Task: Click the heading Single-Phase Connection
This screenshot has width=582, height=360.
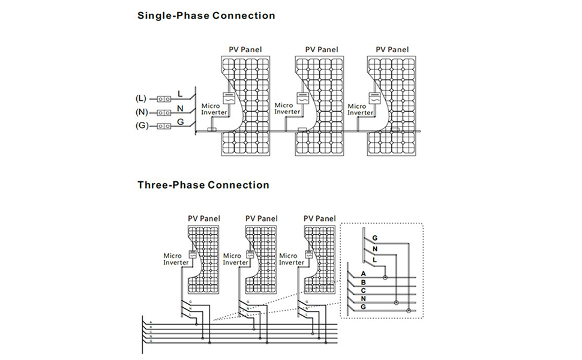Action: [206, 16]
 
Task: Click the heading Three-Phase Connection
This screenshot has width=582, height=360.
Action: [203, 185]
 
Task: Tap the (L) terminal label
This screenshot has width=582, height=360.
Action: [141, 98]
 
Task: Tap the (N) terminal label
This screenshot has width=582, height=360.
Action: [141, 112]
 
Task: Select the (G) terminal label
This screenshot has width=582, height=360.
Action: [141, 126]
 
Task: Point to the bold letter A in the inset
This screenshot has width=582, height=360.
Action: [364, 274]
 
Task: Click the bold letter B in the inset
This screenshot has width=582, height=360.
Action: [364, 283]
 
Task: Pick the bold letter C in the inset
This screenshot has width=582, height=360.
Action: [364, 291]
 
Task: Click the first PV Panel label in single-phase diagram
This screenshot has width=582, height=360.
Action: [245, 50]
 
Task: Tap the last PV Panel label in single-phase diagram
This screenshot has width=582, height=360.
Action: [392, 50]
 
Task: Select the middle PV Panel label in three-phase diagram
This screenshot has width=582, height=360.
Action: [262, 219]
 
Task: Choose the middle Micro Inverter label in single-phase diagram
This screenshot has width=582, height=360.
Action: [287, 109]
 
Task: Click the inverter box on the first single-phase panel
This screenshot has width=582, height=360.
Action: [228, 98]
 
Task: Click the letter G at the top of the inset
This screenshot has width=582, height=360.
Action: [375, 238]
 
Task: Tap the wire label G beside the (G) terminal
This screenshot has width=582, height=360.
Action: [180, 122]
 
